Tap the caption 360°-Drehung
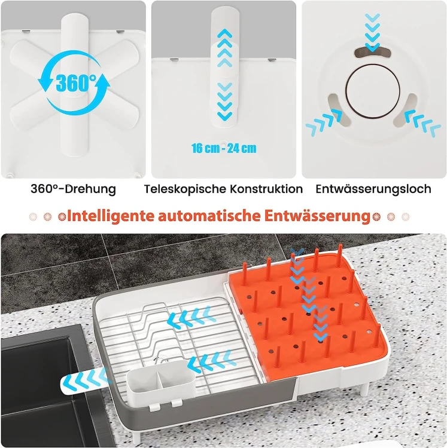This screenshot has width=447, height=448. tap(73, 189)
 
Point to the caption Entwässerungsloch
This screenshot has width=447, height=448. tap(373, 189)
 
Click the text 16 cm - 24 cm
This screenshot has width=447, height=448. tap(224, 148)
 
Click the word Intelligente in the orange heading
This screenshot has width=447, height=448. tap(111, 216)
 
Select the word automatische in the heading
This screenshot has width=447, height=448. tap(209, 216)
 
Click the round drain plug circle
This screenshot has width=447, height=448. tap(373, 91)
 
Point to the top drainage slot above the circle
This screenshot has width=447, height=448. tap(373, 53)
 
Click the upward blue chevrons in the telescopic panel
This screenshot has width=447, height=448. tap(225, 48)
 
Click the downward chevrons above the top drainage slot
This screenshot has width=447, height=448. tap(373, 32)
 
